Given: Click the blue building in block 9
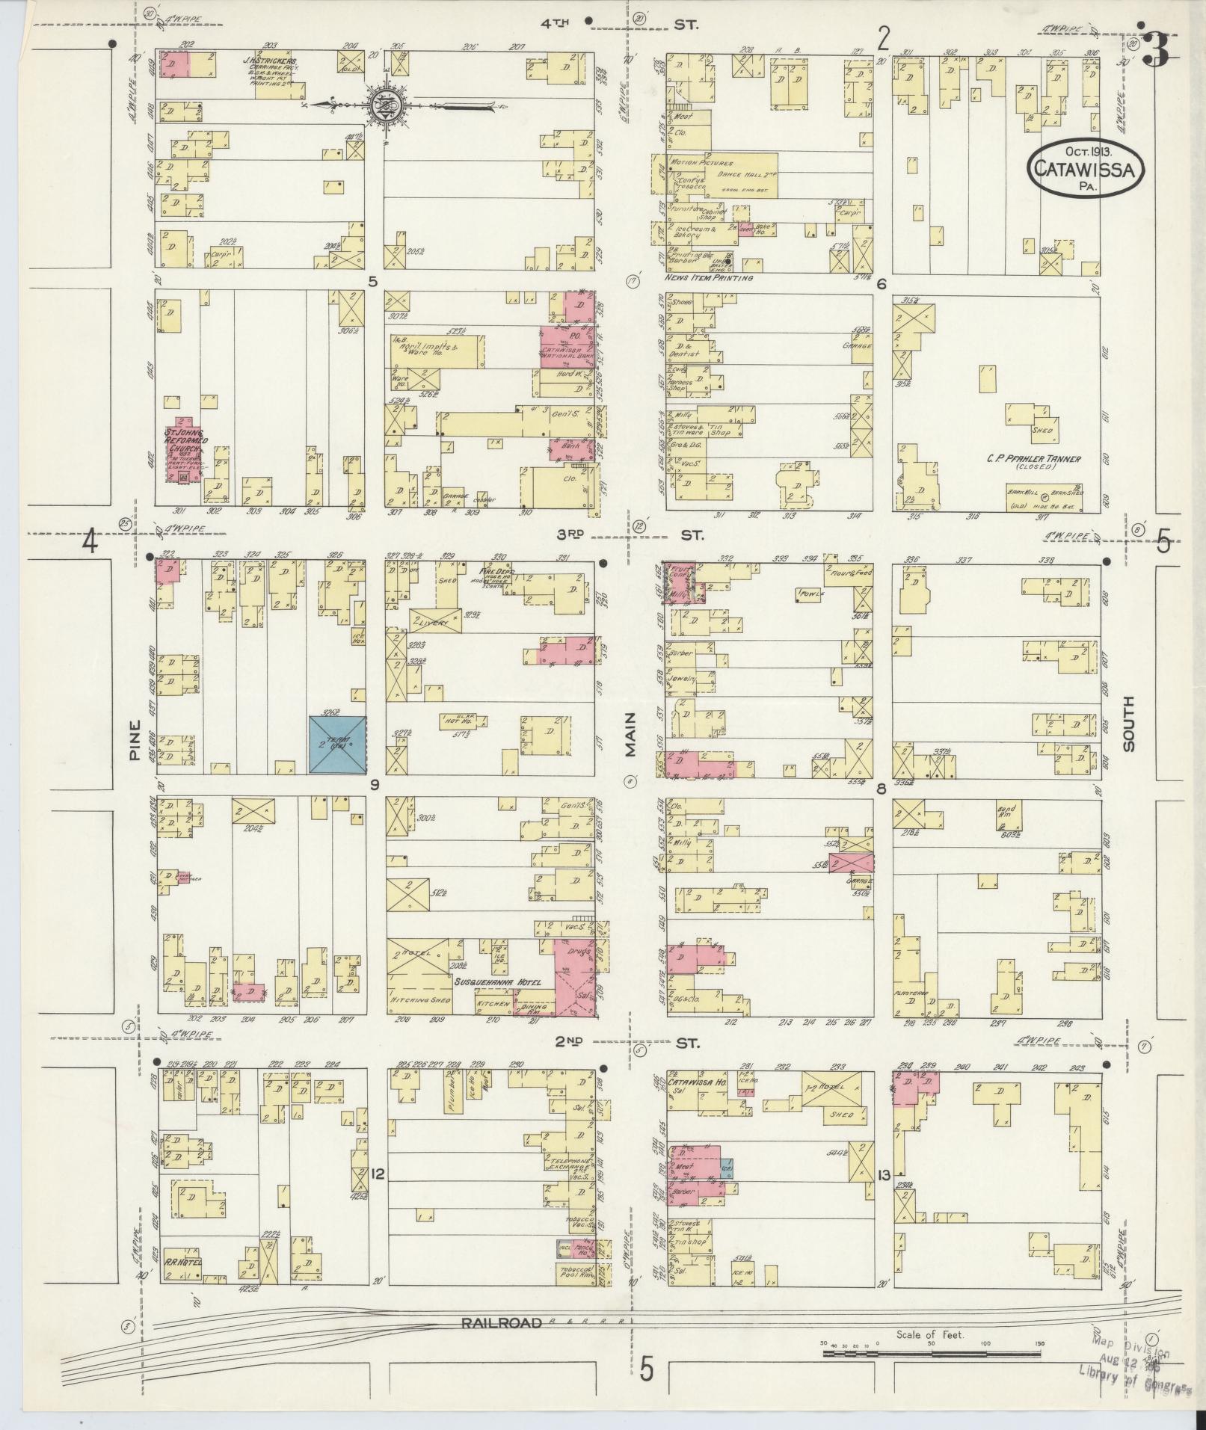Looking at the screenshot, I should (338, 744).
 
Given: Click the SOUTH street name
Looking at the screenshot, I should (1128, 724).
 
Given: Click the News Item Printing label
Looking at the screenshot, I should (708, 278).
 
